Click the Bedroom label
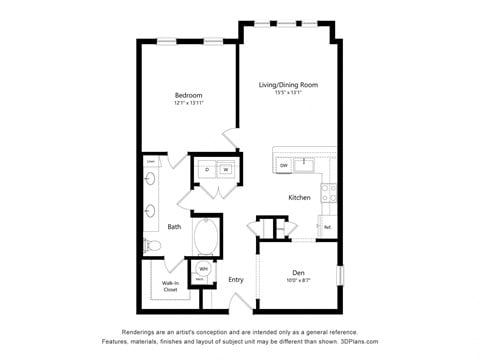[x=189, y=95]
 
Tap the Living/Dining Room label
[x=289, y=85]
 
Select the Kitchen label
[x=300, y=197]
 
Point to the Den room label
[x=298, y=272]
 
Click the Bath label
[x=174, y=226]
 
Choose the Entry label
[x=236, y=280]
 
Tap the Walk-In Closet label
[x=170, y=286]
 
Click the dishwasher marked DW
[x=284, y=165]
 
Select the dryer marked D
[x=207, y=169]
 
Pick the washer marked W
[x=226, y=169]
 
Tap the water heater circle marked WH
[x=203, y=269]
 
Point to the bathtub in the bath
[x=208, y=237]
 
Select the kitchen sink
[x=303, y=165]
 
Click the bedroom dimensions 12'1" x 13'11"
[x=189, y=104]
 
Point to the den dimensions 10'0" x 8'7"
[x=298, y=281]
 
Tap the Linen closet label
[x=150, y=160]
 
